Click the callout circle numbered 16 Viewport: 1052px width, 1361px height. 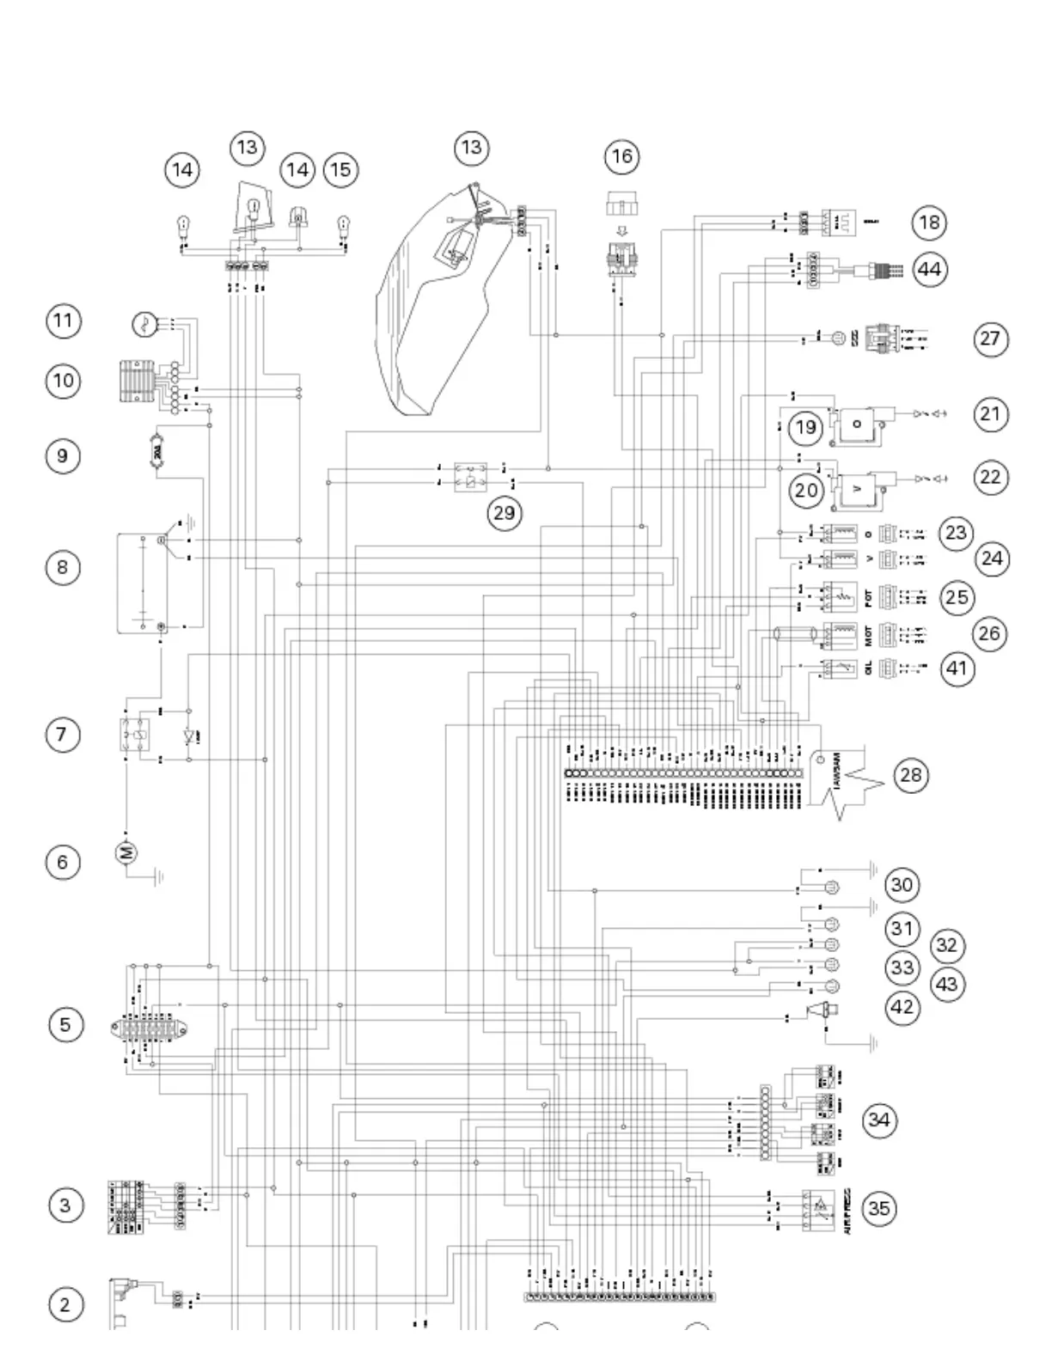coord(621,156)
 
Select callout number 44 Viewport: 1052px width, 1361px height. coord(929,269)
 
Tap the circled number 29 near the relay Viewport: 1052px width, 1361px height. coord(504,513)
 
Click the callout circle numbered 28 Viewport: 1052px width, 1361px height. coord(910,775)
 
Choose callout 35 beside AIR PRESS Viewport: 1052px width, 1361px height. coord(878,1208)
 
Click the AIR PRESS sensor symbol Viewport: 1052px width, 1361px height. coord(818,1209)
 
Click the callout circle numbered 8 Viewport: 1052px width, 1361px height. coord(62,567)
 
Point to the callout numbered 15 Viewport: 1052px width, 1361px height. coord(340,169)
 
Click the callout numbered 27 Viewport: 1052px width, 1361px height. coord(990,339)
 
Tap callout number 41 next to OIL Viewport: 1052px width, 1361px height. coord(957,668)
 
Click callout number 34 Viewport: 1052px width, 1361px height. coord(878,1120)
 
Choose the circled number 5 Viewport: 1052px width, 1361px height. coord(65,1024)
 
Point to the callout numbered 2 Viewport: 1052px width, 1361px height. coord(64,1304)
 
